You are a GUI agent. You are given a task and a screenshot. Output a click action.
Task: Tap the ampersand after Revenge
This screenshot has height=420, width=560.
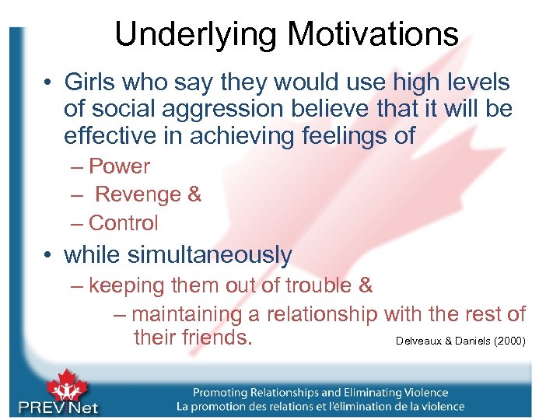click(194, 194)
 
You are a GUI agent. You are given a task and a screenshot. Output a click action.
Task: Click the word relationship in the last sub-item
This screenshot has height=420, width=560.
click(321, 315)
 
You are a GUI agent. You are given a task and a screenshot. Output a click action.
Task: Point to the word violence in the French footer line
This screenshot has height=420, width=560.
click(436, 407)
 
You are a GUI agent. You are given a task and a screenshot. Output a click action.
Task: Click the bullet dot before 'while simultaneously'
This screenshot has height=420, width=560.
click(49, 255)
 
